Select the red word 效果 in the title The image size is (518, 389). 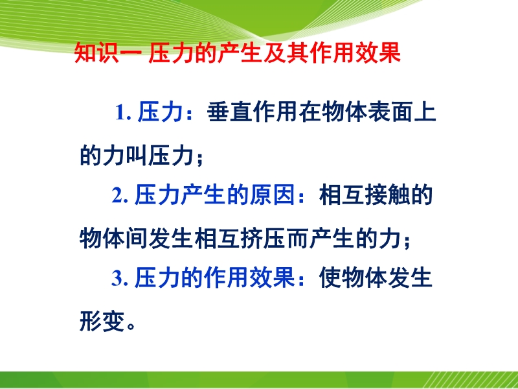[x=378, y=53]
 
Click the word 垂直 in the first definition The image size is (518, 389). [x=229, y=112]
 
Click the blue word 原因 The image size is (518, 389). [x=272, y=195]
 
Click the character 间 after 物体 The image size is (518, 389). [x=136, y=237]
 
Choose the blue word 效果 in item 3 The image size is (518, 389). [x=272, y=277]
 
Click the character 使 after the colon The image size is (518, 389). [x=330, y=277]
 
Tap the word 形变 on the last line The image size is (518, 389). [x=102, y=320]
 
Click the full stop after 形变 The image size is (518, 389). [x=131, y=326]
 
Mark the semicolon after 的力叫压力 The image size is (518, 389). [x=199, y=159]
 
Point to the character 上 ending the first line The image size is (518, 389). [x=425, y=112]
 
